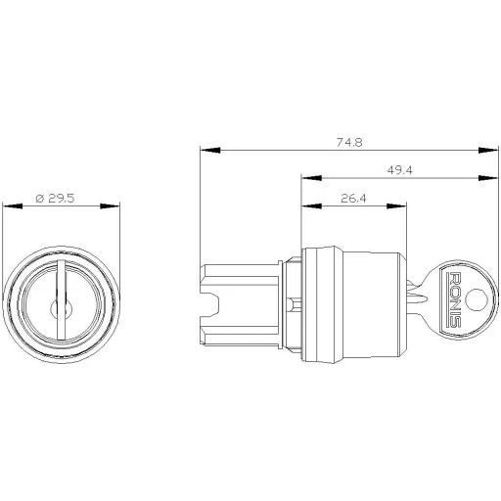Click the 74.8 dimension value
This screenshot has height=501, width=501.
click(x=346, y=142)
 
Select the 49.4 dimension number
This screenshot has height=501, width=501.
click(x=397, y=170)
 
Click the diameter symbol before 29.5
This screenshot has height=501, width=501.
click(x=38, y=199)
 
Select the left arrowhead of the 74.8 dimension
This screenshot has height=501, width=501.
click(x=205, y=151)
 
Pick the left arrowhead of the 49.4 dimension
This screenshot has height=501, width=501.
click(x=307, y=179)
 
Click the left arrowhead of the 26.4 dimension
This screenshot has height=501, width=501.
click(x=307, y=206)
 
